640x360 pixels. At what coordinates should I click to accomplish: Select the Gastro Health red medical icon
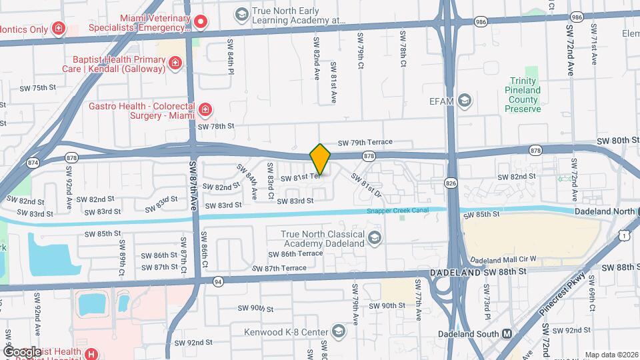point(205,109)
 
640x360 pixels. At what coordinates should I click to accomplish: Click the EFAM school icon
point(465,101)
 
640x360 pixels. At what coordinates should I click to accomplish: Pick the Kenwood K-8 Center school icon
point(339,332)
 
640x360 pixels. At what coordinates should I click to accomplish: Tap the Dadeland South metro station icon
point(507,333)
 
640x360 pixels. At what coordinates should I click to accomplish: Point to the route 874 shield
point(32,163)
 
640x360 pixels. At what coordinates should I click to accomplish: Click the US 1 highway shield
point(623,235)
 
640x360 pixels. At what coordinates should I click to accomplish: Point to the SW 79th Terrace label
point(365,142)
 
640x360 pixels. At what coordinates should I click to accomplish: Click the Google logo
point(22,351)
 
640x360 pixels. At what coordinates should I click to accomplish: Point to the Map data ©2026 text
point(611,355)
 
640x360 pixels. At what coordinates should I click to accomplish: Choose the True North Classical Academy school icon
point(375,238)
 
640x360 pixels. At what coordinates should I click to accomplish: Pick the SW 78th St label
point(217,125)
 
